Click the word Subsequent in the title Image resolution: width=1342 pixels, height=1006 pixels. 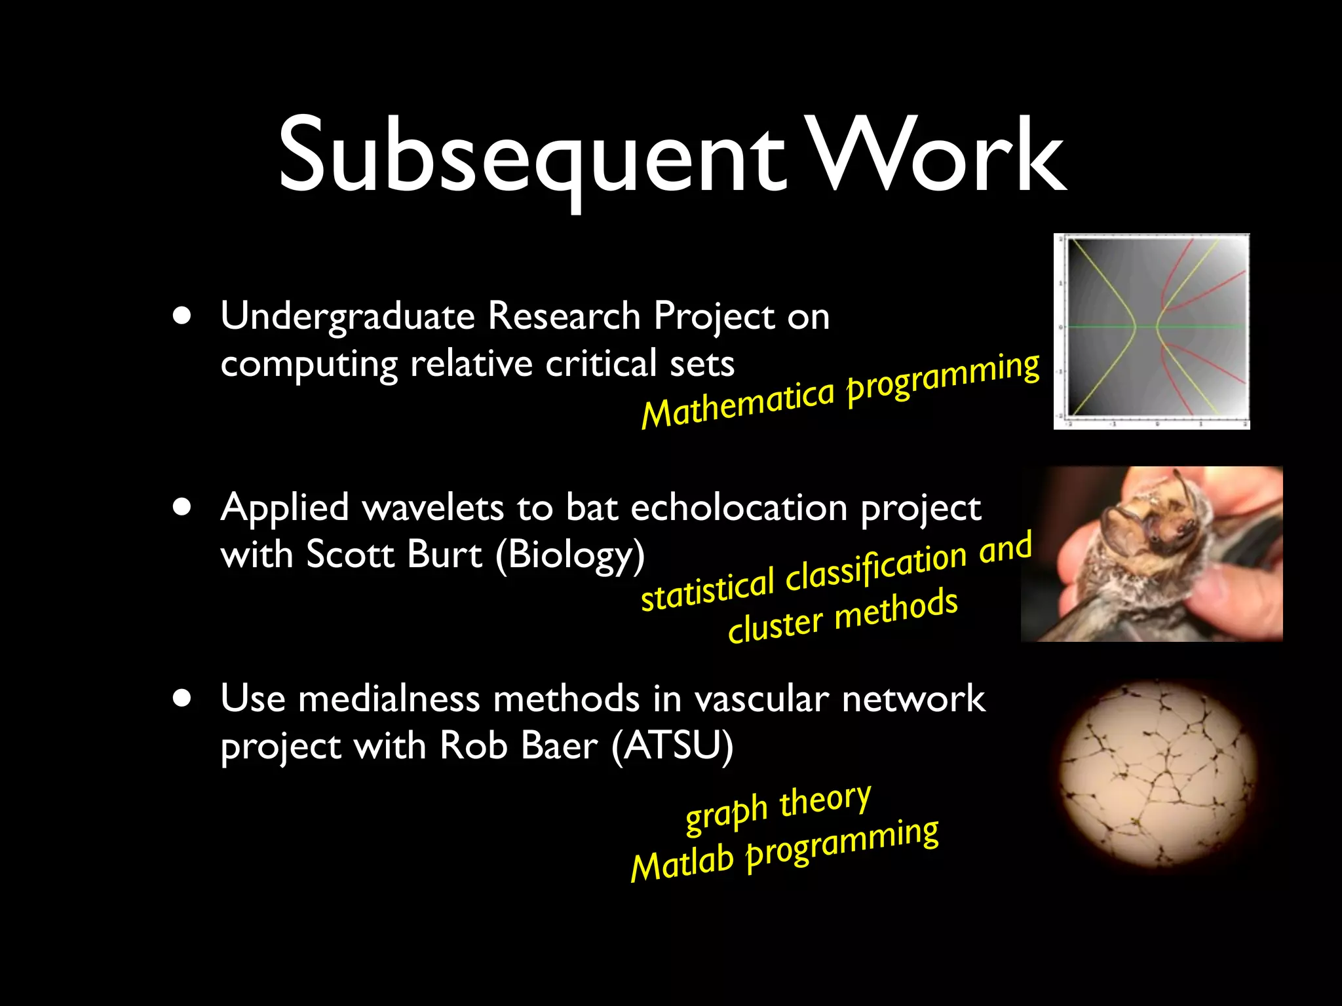coord(531,157)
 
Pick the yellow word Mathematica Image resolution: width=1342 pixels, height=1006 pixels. coord(737,403)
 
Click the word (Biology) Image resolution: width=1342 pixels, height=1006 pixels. coord(570,556)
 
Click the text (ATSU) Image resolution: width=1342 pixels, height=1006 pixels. coord(672,746)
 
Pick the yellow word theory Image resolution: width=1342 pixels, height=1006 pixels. coord(825,800)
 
